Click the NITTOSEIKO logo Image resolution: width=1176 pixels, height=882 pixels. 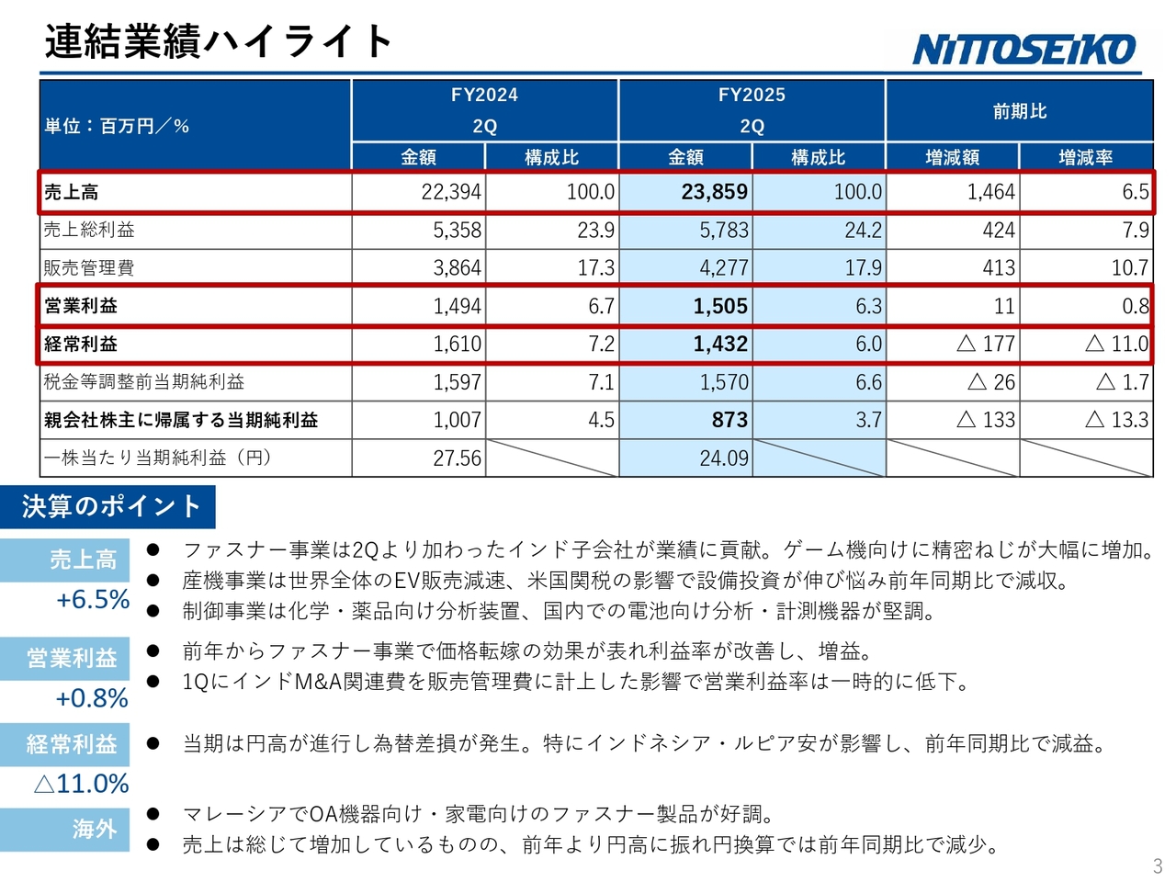(1024, 49)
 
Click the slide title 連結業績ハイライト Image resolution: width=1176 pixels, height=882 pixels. (219, 41)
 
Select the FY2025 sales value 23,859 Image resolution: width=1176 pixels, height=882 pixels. (714, 192)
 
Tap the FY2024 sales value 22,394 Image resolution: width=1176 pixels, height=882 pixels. (450, 192)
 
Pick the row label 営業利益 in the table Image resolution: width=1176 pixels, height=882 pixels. (81, 306)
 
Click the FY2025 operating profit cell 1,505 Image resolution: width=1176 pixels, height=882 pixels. (720, 306)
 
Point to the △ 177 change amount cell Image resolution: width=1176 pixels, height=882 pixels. (985, 344)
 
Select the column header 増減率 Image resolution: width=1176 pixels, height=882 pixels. (1085, 157)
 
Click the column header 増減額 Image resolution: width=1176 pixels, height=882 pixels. (952, 157)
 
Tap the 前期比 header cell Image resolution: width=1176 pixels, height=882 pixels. (1019, 111)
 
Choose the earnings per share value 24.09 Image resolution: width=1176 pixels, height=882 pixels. (724, 458)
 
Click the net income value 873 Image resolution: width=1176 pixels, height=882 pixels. (729, 420)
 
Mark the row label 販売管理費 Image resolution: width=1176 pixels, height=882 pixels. (89, 267)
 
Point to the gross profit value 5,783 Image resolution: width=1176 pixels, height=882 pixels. (724, 230)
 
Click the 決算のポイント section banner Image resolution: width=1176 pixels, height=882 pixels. (110, 506)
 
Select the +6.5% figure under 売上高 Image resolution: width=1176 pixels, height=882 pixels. (93, 600)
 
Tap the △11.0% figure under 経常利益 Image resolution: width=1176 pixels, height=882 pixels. (81, 784)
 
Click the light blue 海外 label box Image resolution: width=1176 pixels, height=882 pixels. (65, 829)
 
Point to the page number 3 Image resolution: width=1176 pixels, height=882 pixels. (1158, 865)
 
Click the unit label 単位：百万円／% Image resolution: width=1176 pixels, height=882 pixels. (117, 126)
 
